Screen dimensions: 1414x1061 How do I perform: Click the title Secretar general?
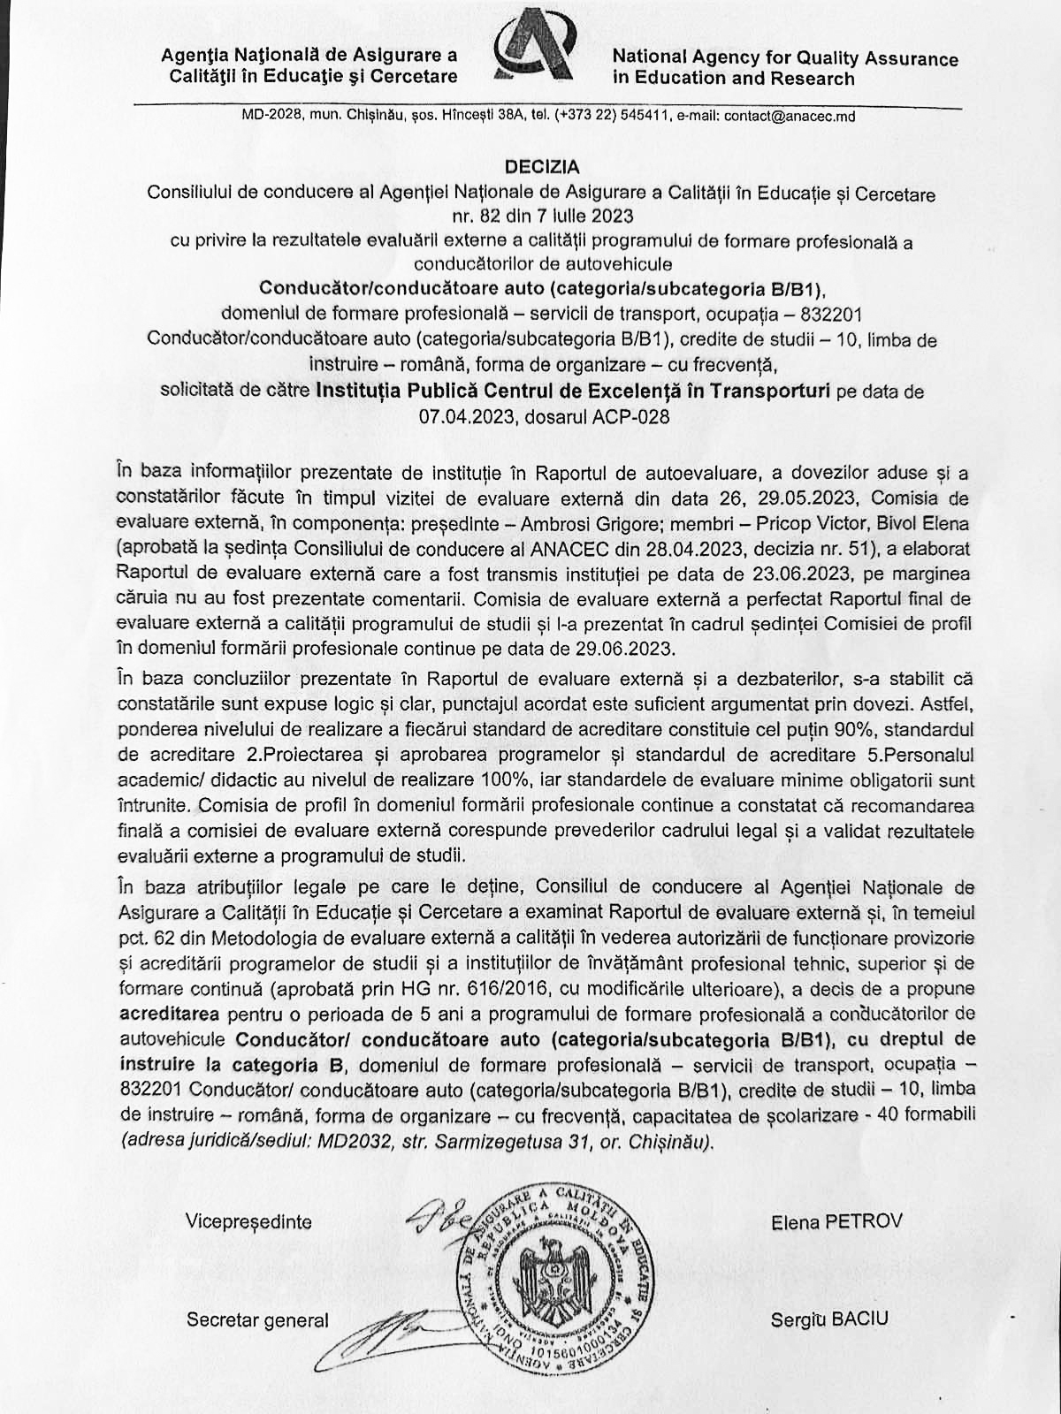[x=257, y=1320]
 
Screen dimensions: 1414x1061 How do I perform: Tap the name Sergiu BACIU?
[x=828, y=1319]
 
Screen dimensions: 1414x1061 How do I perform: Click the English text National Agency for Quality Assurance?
[x=785, y=58]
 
